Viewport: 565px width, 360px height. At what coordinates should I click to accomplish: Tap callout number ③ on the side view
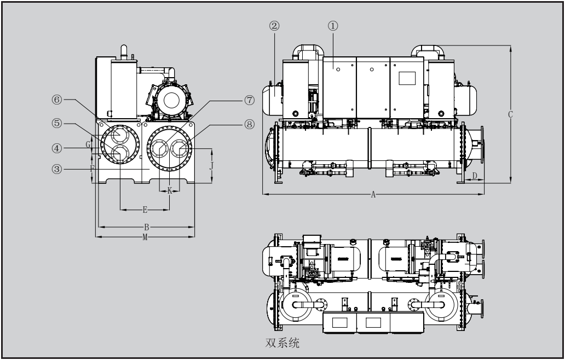click(56, 169)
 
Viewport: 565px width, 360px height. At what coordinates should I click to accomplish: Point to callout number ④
click(56, 148)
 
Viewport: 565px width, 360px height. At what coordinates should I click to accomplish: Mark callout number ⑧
click(250, 124)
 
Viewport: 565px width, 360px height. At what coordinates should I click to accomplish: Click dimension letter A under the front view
click(373, 195)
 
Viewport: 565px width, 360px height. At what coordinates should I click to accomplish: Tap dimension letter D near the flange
click(475, 176)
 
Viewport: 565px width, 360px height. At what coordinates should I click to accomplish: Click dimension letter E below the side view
click(145, 210)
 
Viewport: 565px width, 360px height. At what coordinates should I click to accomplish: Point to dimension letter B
click(146, 226)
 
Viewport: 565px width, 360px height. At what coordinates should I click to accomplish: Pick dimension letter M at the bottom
click(145, 237)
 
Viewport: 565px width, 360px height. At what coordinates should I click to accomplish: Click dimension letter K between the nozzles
click(170, 190)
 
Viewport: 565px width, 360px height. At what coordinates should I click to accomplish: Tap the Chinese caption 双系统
click(282, 345)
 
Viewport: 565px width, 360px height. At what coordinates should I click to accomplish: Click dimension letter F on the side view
click(92, 169)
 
